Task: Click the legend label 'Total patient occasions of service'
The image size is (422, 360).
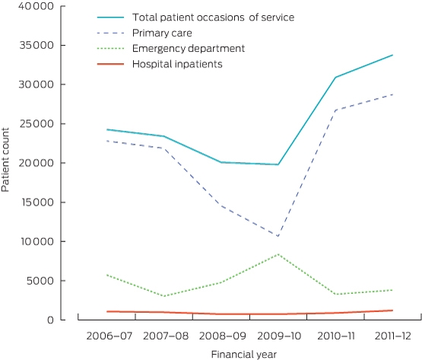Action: tap(213, 18)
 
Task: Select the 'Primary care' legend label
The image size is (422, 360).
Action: tap(162, 33)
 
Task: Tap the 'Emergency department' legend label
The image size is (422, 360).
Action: tap(189, 49)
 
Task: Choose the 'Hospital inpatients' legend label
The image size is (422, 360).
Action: tap(177, 64)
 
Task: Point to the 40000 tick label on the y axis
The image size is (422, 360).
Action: tap(36, 6)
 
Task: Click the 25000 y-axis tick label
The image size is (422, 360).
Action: tap(36, 124)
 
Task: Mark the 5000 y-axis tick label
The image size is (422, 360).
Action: tap(40, 281)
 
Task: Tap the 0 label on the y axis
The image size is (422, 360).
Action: tap(50, 320)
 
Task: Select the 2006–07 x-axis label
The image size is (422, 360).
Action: tap(109, 336)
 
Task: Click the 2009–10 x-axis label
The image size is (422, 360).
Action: tap(279, 336)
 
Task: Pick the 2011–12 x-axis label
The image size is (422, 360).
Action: tap(393, 336)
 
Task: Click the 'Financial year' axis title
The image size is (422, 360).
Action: tap(244, 355)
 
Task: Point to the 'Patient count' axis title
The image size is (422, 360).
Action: tap(5, 160)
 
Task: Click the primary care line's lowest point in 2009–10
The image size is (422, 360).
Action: tap(278, 236)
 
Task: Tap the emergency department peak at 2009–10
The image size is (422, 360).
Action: tap(278, 254)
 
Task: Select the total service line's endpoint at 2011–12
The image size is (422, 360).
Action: tap(392, 55)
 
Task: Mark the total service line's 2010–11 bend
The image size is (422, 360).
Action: tap(335, 78)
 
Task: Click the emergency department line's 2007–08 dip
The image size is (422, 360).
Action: tap(164, 296)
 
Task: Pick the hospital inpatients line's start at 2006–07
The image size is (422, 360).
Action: tap(107, 311)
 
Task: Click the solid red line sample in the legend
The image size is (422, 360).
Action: tap(110, 64)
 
